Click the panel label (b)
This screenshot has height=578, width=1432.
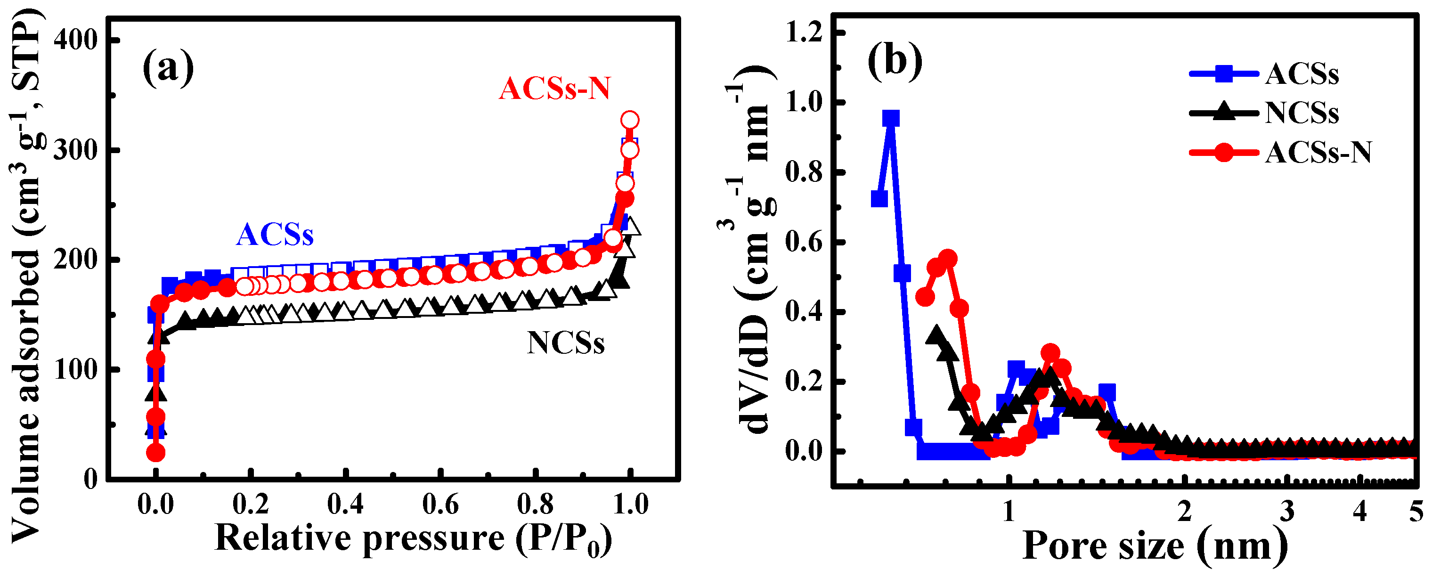click(x=895, y=59)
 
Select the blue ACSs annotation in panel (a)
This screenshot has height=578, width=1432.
click(x=275, y=235)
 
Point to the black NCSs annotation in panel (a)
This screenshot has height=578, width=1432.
click(x=565, y=343)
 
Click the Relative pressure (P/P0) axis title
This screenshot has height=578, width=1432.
click(x=414, y=538)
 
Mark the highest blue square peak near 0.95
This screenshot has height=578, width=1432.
click(x=891, y=118)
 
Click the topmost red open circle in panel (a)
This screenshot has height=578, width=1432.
click(x=629, y=120)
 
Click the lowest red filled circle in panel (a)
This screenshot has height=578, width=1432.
click(x=155, y=453)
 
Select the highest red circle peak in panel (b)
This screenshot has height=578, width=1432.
click(x=948, y=259)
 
